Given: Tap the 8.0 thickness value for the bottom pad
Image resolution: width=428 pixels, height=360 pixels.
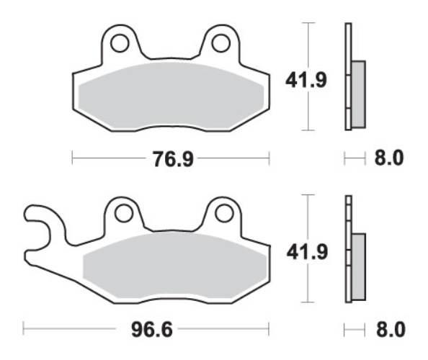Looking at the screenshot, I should [390, 330].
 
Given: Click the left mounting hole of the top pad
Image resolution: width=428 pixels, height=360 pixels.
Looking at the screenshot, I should [120, 43].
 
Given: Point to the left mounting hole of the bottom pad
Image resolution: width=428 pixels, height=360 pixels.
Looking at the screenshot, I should [124, 213].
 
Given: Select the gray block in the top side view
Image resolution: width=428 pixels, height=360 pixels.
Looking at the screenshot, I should [358, 94].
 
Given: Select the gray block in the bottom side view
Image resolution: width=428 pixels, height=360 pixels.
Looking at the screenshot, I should [358, 266].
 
